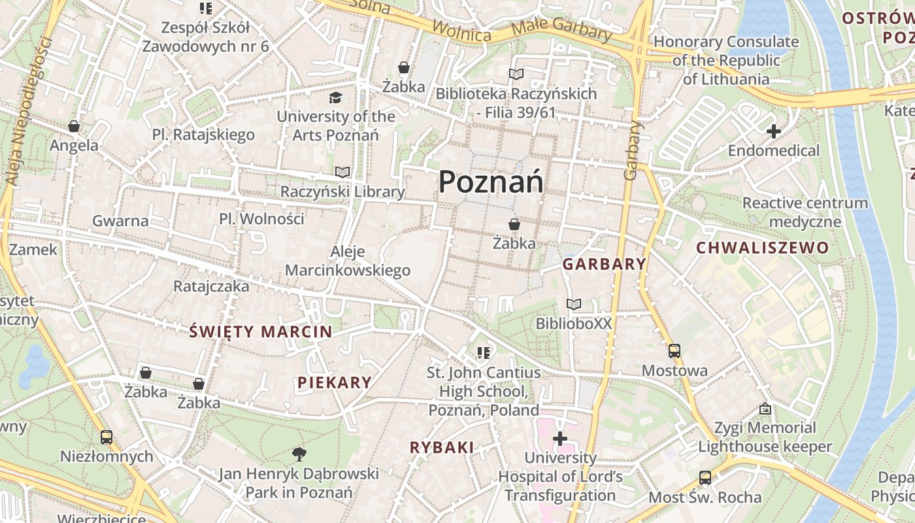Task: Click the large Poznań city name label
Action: pos(490,181)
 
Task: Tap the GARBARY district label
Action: pos(604,264)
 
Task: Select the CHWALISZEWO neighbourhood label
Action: pos(762,248)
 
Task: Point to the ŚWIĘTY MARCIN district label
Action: pos(261,331)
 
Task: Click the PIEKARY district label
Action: pos(335,382)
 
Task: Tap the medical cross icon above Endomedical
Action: pos(774,131)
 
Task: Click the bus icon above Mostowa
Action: pos(674,351)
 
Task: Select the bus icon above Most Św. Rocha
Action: pos(705,478)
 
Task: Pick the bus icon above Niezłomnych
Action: pos(107,437)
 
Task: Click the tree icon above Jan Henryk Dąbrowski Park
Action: pos(299,453)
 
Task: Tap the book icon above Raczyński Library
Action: pos(342,172)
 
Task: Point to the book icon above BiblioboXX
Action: pos(574,304)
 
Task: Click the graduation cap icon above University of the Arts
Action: pos(335,97)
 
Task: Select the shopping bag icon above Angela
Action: pos(74,126)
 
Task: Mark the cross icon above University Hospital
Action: pos(560,438)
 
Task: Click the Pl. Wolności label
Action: pos(261,218)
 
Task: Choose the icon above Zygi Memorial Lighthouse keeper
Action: pos(765,409)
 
